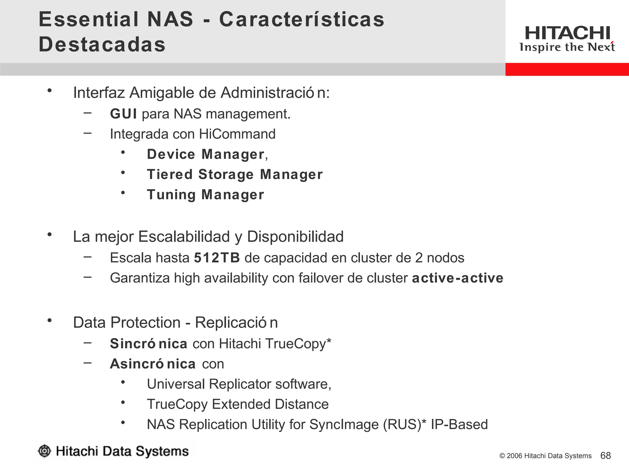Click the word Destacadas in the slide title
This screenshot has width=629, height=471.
point(102,44)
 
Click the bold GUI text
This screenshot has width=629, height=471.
point(123,114)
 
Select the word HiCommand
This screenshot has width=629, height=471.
point(237,134)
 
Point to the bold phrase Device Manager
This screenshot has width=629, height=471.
point(205,154)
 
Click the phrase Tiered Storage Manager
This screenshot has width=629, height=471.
point(235,174)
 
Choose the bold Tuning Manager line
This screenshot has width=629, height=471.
point(205,195)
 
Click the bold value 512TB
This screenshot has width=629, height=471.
point(217,258)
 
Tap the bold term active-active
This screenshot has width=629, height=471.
point(457,278)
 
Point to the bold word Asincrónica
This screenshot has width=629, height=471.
point(153,364)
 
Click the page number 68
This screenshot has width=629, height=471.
point(605,456)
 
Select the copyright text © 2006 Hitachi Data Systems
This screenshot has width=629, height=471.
point(545,456)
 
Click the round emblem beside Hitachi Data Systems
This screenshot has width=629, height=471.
point(45,451)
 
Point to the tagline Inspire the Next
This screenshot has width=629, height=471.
point(567,47)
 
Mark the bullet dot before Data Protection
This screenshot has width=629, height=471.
point(49,320)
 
